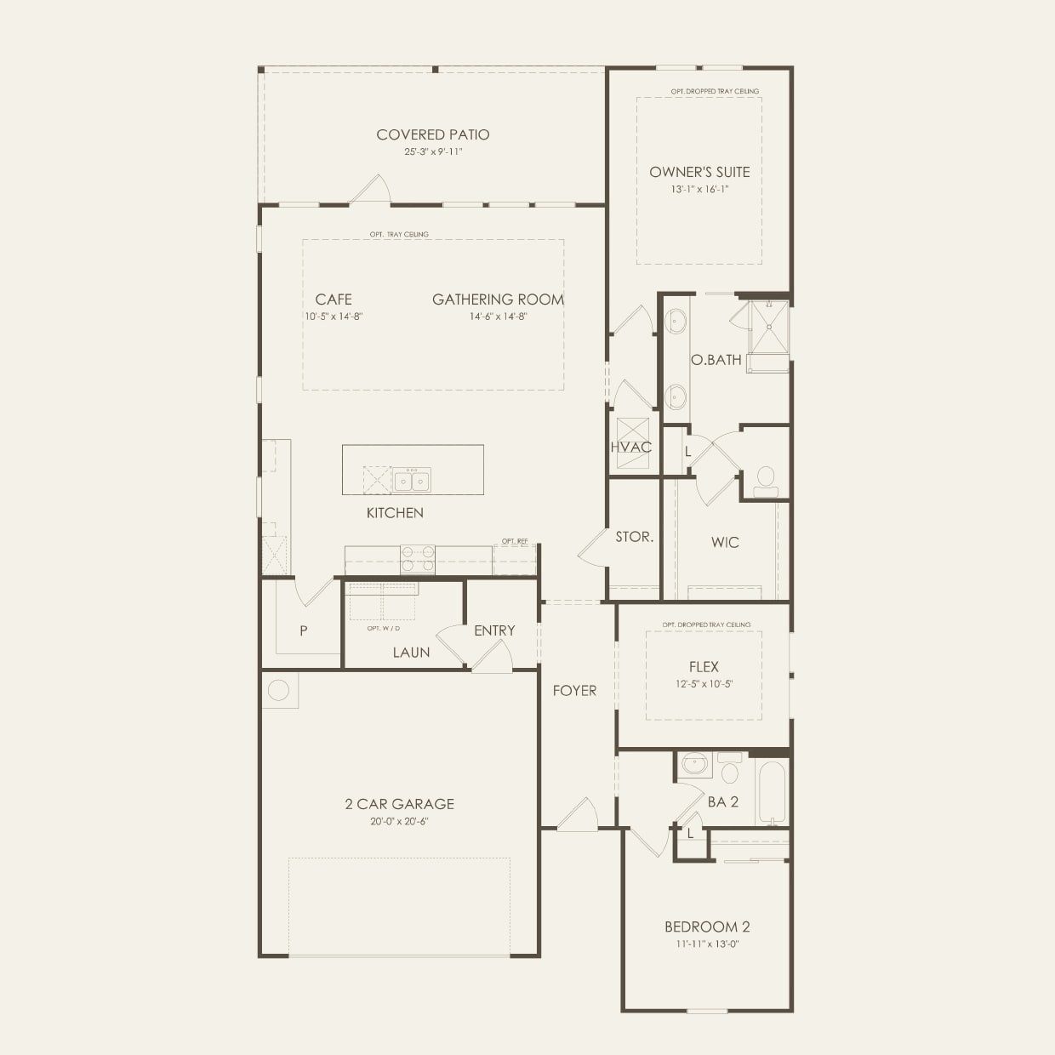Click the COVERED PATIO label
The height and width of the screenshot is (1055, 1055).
pyautogui.click(x=432, y=134)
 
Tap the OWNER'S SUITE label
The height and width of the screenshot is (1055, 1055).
pyautogui.click(x=699, y=172)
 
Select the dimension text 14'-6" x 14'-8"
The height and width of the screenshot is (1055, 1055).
pyautogui.click(x=499, y=316)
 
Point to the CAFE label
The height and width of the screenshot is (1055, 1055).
pyautogui.click(x=334, y=299)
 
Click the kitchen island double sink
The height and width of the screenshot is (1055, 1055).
pyautogui.click(x=412, y=480)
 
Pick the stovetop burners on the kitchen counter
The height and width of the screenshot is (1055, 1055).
pyautogui.click(x=418, y=559)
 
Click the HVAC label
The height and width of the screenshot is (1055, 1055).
pyautogui.click(x=630, y=448)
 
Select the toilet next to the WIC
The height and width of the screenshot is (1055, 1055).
pyautogui.click(x=766, y=482)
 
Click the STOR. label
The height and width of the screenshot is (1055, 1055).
pyautogui.click(x=635, y=537)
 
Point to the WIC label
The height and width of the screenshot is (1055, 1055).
pyautogui.click(x=725, y=543)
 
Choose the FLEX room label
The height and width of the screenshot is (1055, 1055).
pyautogui.click(x=704, y=667)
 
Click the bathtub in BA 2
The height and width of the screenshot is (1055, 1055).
pyautogui.click(x=772, y=793)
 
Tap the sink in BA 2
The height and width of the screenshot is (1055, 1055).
pyautogui.click(x=695, y=764)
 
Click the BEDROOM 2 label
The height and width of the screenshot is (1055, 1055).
pyautogui.click(x=707, y=927)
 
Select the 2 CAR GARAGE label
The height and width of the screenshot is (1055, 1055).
pyautogui.click(x=400, y=804)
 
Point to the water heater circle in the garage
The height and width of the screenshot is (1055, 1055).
pyautogui.click(x=279, y=690)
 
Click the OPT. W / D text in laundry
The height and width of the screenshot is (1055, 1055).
pyautogui.click(x=383, y=628)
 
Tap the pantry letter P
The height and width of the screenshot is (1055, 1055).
pyautogui.click(x=304, y=630)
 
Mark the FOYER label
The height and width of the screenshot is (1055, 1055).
pyautogui.click(x=574, y=691)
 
